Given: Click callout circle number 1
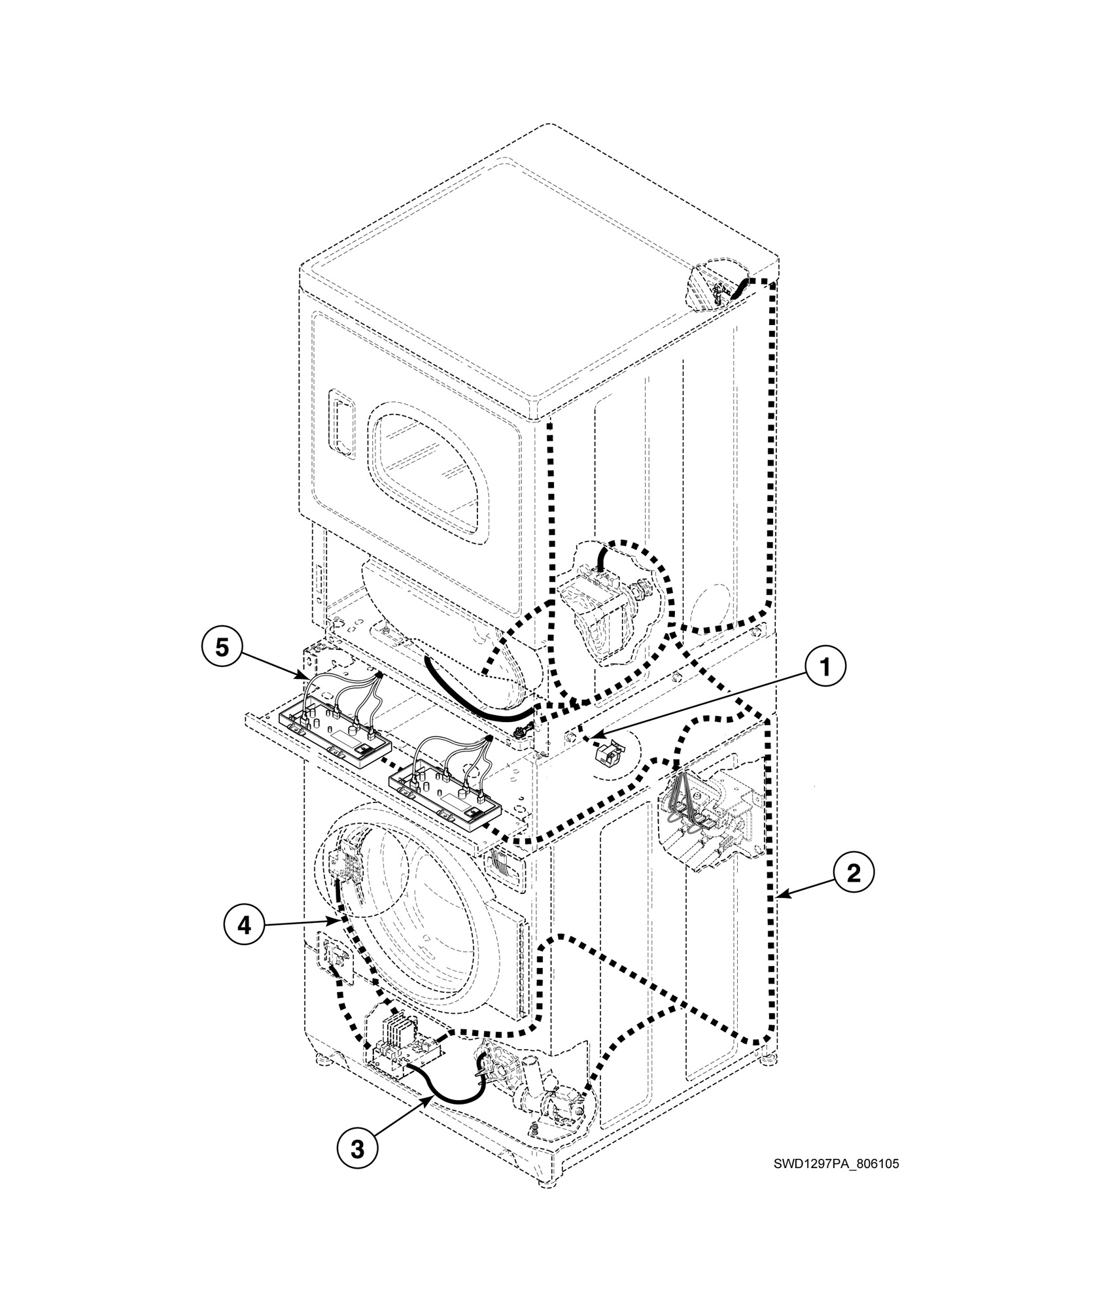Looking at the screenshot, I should click(825, 668).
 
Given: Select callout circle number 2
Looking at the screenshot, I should click(853, 874).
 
